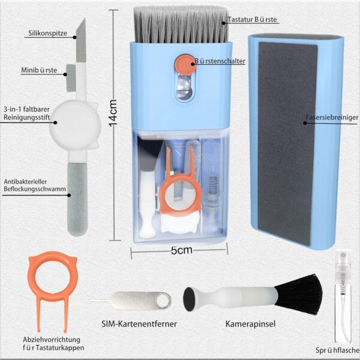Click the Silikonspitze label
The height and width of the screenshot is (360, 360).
pos(48,33)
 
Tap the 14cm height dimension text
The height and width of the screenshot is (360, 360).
pos(113,113)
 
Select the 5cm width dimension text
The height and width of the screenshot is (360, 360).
pos(181,250)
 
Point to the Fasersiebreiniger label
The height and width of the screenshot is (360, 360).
pos(332,118)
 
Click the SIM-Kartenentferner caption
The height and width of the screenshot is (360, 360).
pos(139,324)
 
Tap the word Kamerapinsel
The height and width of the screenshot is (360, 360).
pos(250,324)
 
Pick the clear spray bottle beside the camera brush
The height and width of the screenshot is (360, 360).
pos(343,296)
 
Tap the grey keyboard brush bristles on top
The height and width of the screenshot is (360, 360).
pos(181,25)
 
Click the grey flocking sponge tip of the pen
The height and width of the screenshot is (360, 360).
pos(77,199)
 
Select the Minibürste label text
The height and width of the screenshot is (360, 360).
pos(39,70)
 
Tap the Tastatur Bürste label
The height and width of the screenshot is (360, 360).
pos(253,20)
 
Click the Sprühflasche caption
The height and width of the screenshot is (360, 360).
pos(337,350)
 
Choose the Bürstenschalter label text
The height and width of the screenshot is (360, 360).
pos(220,61)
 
